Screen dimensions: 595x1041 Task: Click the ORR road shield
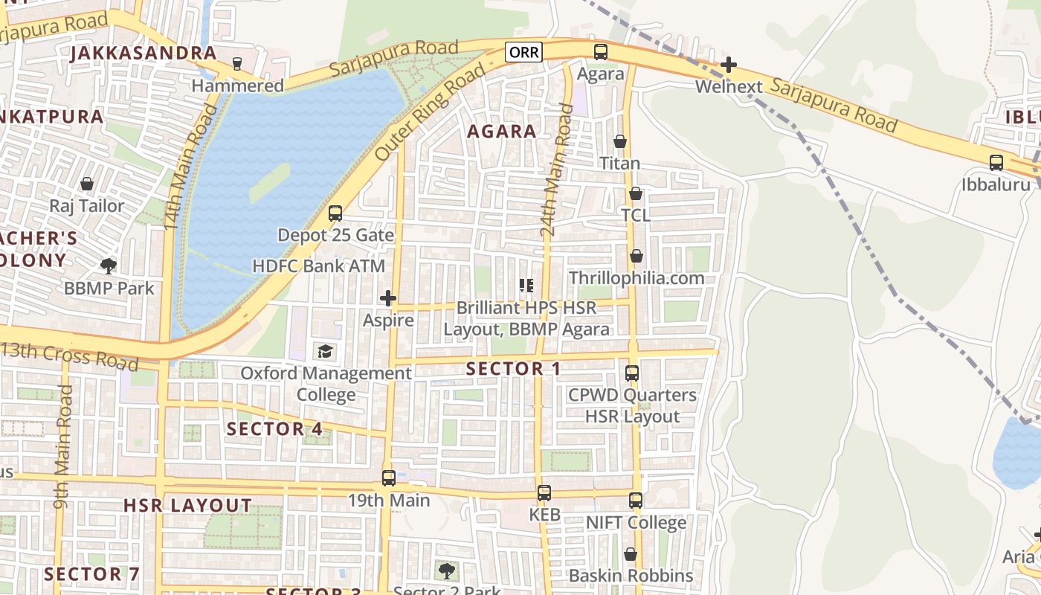pos(523,52)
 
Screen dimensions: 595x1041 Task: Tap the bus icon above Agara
pos(600,52)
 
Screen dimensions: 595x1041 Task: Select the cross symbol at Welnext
pos(729,65)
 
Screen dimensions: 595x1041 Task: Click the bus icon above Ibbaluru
pos(996,162)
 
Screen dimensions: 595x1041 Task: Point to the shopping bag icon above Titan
pos(619,141)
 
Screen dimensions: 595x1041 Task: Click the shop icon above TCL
pos(636,194)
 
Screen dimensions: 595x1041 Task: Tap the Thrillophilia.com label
pos(636,278)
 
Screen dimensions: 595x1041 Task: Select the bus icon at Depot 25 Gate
pos(335,213)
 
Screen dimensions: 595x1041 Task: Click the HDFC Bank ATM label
pos(319,266)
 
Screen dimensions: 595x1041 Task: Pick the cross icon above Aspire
pos(387,298)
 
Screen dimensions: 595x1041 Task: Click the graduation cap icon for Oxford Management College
pos(325,351)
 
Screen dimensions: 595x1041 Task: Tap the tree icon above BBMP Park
pos(109,266)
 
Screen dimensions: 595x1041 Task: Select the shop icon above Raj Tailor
pos(87,184)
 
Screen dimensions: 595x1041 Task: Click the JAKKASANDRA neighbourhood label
pos(144,54)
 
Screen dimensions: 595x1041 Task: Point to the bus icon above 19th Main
pos(388,478)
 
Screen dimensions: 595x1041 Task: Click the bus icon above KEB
pos(544,492)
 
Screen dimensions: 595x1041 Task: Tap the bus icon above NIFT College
pos(635,501)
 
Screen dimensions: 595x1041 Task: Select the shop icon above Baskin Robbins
pos(631,554)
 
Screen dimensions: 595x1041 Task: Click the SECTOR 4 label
pos(274,429)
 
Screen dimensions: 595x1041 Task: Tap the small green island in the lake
pos(269,182)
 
